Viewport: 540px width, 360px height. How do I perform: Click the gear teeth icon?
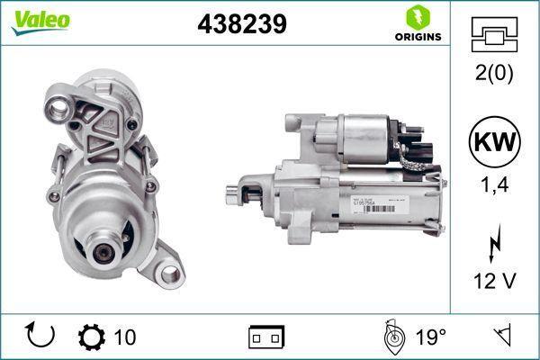(x=91, y=337)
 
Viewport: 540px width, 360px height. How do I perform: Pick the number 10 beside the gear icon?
(x=126, y=337)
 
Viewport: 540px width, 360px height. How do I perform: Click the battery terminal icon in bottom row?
(x=266, y=337)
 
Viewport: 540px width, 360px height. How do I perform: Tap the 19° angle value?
(x=430, y=337)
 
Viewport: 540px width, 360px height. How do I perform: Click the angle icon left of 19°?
(x=391, y=337)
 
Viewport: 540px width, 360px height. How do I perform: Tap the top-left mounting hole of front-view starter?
(x=61, y=111)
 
